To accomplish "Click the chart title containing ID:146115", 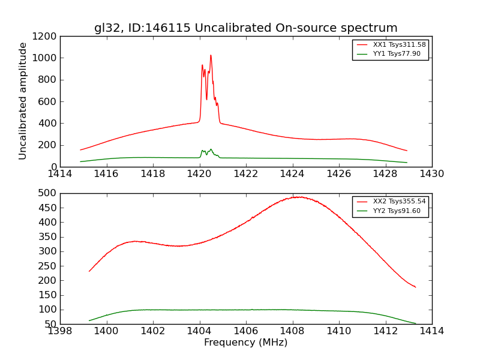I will click(245, 28).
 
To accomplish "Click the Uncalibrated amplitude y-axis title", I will click(23, 101).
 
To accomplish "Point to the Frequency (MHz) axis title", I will click(245, 343).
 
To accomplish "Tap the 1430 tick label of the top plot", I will click(431, 174).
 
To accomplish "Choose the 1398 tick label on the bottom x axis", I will click(60, 331).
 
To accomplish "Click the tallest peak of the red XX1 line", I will click(211, 56).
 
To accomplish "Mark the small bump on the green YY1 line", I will click(211, 150).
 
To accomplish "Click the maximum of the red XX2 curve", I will click(298, 197).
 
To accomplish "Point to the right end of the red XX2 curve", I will click(415, 287).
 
